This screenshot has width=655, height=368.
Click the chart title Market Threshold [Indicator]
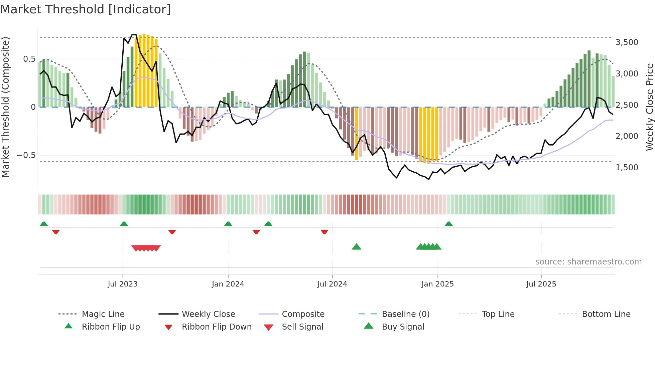[x=86, y=9]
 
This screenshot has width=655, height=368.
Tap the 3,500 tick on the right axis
[x=627, y=42]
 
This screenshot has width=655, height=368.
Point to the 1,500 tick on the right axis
[x=627, y=168]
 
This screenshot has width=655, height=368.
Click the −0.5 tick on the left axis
[x=26, y=155]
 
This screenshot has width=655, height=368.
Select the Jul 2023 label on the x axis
[x=123, y=284]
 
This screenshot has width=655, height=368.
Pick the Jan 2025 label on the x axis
[x=437, y=284]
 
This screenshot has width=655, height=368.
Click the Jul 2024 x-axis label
[x=332, y=284]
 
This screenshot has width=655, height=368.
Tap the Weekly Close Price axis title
[x=649, y=107]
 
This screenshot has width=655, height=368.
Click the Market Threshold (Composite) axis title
[x=5, y=107]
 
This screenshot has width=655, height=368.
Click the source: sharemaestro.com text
[x=588, y=262]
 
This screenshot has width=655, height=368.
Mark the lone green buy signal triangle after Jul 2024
[x=357, y=247]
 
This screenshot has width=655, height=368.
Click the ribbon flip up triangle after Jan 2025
[x=448, y=224]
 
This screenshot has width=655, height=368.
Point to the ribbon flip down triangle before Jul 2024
[x=324, y=232]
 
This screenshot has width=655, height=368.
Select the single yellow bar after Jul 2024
[x=357, y=134]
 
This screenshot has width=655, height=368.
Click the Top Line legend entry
[x=498, y=314]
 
